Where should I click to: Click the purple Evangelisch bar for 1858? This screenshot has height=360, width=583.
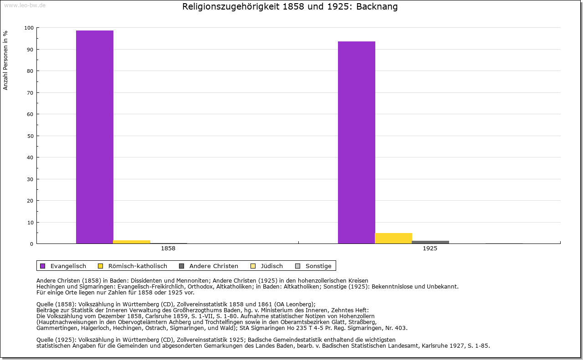(x=95, y=137)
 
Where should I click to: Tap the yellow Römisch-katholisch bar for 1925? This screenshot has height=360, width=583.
(x=394, y=238)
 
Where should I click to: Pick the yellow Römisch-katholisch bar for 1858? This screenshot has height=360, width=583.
(x=132, y=242)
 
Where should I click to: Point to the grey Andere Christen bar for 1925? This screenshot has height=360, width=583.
(x=430, y=242)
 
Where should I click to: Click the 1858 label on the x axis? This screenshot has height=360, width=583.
(x=168, y=248)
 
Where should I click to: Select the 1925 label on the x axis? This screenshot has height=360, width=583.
(x=430, y=248)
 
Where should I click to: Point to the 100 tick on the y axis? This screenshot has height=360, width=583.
(x=29, y=28)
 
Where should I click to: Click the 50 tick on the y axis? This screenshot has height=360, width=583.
(x=30, y=136)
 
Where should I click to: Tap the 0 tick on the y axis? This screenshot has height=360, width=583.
(x=31, y=244)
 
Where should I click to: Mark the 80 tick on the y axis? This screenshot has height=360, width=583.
(x=30, y=71)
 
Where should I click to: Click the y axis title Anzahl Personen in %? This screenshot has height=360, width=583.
(x=5, y=60)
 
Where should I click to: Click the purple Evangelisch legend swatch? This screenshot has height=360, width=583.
(x=43, y=266)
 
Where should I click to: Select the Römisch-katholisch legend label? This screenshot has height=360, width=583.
(x=138, y=266)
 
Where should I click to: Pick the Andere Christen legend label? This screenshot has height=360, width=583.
(x=214, y=266)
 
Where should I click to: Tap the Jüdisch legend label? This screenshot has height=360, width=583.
(x=271, y=266)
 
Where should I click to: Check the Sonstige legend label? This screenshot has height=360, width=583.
(x=318, y=266)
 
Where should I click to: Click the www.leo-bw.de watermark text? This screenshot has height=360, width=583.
(x=25, y=5)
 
